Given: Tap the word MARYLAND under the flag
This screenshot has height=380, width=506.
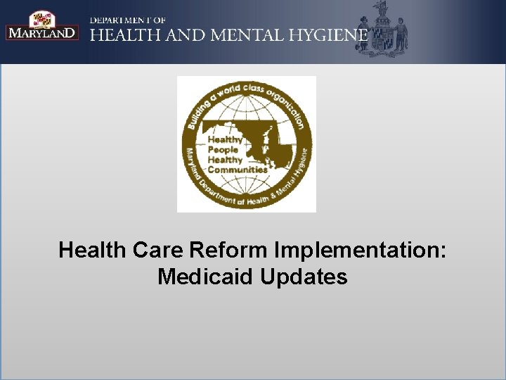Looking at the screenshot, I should pos(42,32).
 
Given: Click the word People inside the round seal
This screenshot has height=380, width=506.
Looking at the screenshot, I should pos(223,149).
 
